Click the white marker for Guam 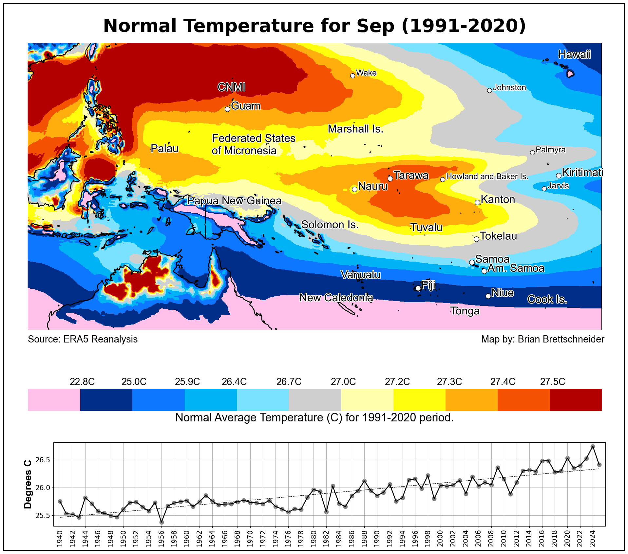(x=227, y=109)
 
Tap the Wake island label (x=366, y=73)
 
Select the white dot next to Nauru (x=354, y=189)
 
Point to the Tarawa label (x=411, y=175)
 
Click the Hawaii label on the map (x=575, y=54)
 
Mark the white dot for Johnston (x=489, y=90)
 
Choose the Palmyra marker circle (x=532, y=153)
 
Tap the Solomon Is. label (x=330, y=225)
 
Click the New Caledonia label (x=336, y=298)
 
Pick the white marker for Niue (x=488, y=296)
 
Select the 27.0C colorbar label (x=343, y=382)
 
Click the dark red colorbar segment (x=576, y=400)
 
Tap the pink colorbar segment (x=54, y=400)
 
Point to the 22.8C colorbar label (x=82, y=382)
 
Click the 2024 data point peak (x=593, y=446)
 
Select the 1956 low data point (x=162, y=522)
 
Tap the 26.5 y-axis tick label (x=43, y=460)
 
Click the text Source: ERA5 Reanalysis (x=83, y=339)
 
